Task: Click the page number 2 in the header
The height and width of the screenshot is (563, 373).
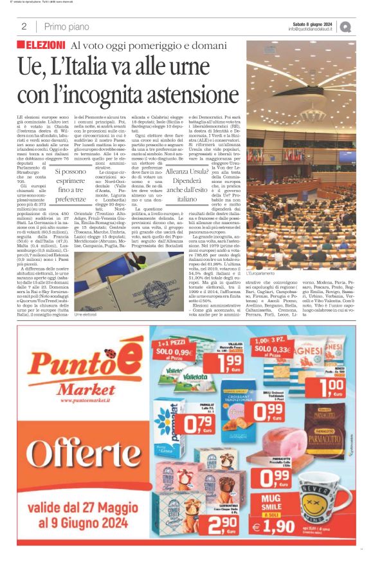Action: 24,26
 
